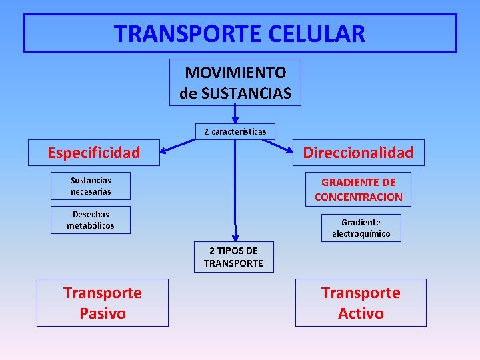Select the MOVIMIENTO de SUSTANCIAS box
pyautogui.click(x=235, y=83)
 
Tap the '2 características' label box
pyautogui.click(x=235, y=131)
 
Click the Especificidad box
pyautogui.click(x=93, y=153)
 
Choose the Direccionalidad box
pyautogui.click(x=358, y=153)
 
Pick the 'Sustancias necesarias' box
pyautogui.click(x=91, y=186)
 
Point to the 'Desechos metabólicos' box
pyautogui.click(x=91, y=220)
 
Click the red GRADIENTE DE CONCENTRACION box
pyautogui.click(x=358, y=189)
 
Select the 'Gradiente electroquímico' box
pyautogui.click(x=361, y=228)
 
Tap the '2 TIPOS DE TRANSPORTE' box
pyautogui.click(x=233, y=257)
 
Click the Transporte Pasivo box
pyautogui.click(x=102, y=303)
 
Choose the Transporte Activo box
pyautogui.click(x=360, y=303)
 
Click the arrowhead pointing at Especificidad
pyautogui.click(x=165, y=149)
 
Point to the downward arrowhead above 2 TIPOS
pyautogui.click(x=235, y=235)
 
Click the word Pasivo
pyautogui.click(x=102, y=313)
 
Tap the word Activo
pyautogui.click(x=360, y=313)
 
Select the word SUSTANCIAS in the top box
pyautogui.click(x=246, y=93)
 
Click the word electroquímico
pyautogui.click(x=361, y=234)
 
